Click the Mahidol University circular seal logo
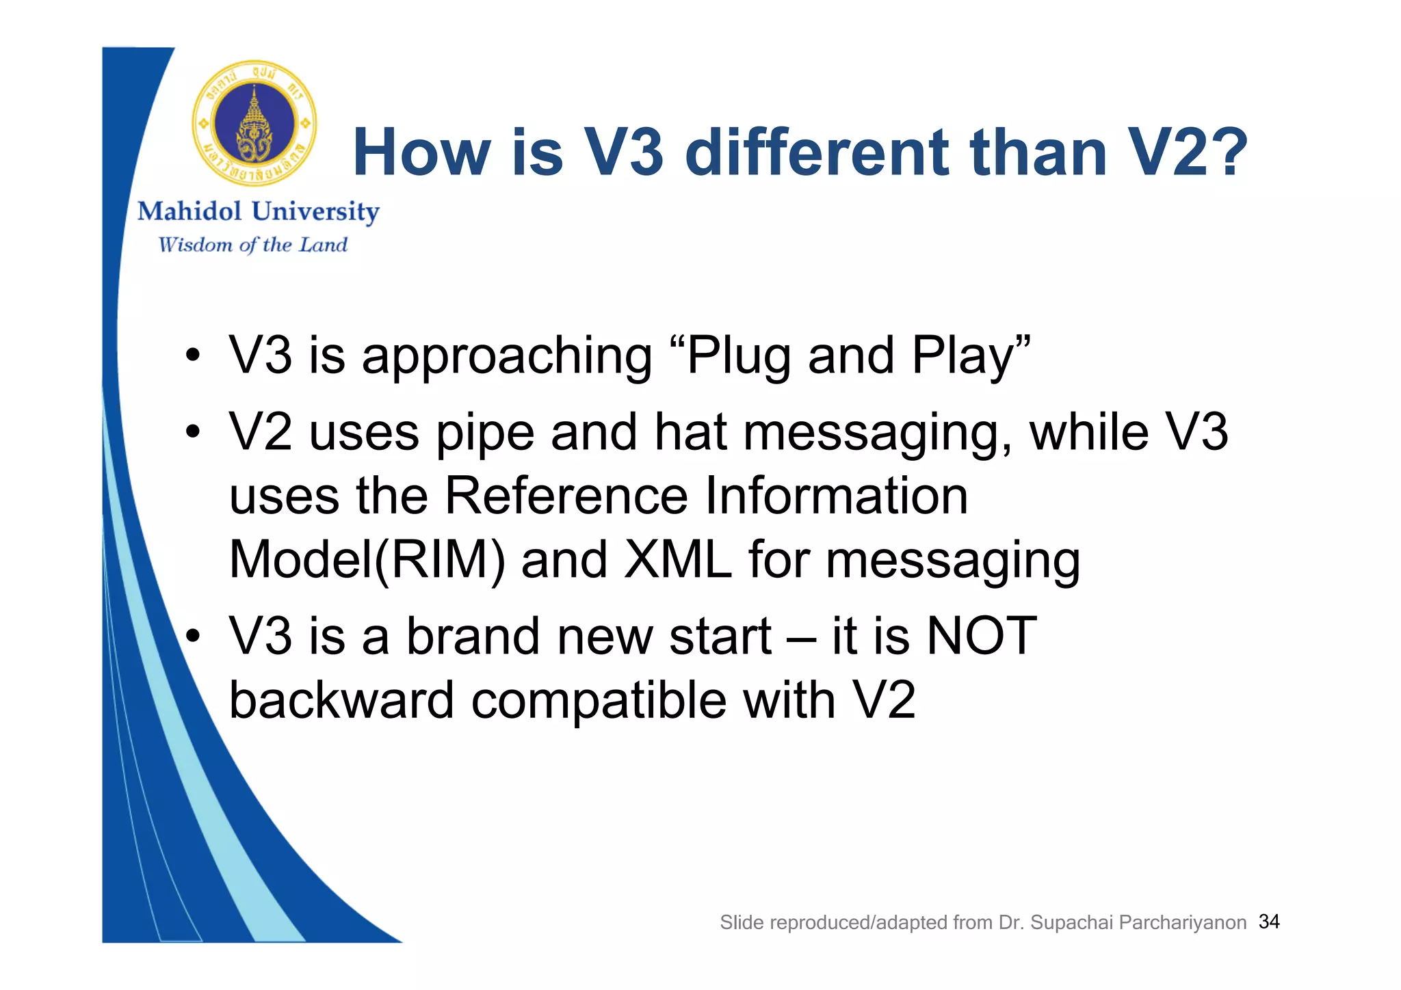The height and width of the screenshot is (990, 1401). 254,124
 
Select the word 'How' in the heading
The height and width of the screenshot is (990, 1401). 421,152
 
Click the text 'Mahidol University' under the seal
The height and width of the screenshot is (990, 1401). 259,212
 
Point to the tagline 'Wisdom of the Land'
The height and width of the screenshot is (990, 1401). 253,245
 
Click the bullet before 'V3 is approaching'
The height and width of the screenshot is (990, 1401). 194,356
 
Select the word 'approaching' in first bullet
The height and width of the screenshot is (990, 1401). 507,356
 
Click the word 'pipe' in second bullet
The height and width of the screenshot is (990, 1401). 484,433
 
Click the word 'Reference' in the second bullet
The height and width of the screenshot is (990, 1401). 566,496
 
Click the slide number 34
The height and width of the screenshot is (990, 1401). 1269,922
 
